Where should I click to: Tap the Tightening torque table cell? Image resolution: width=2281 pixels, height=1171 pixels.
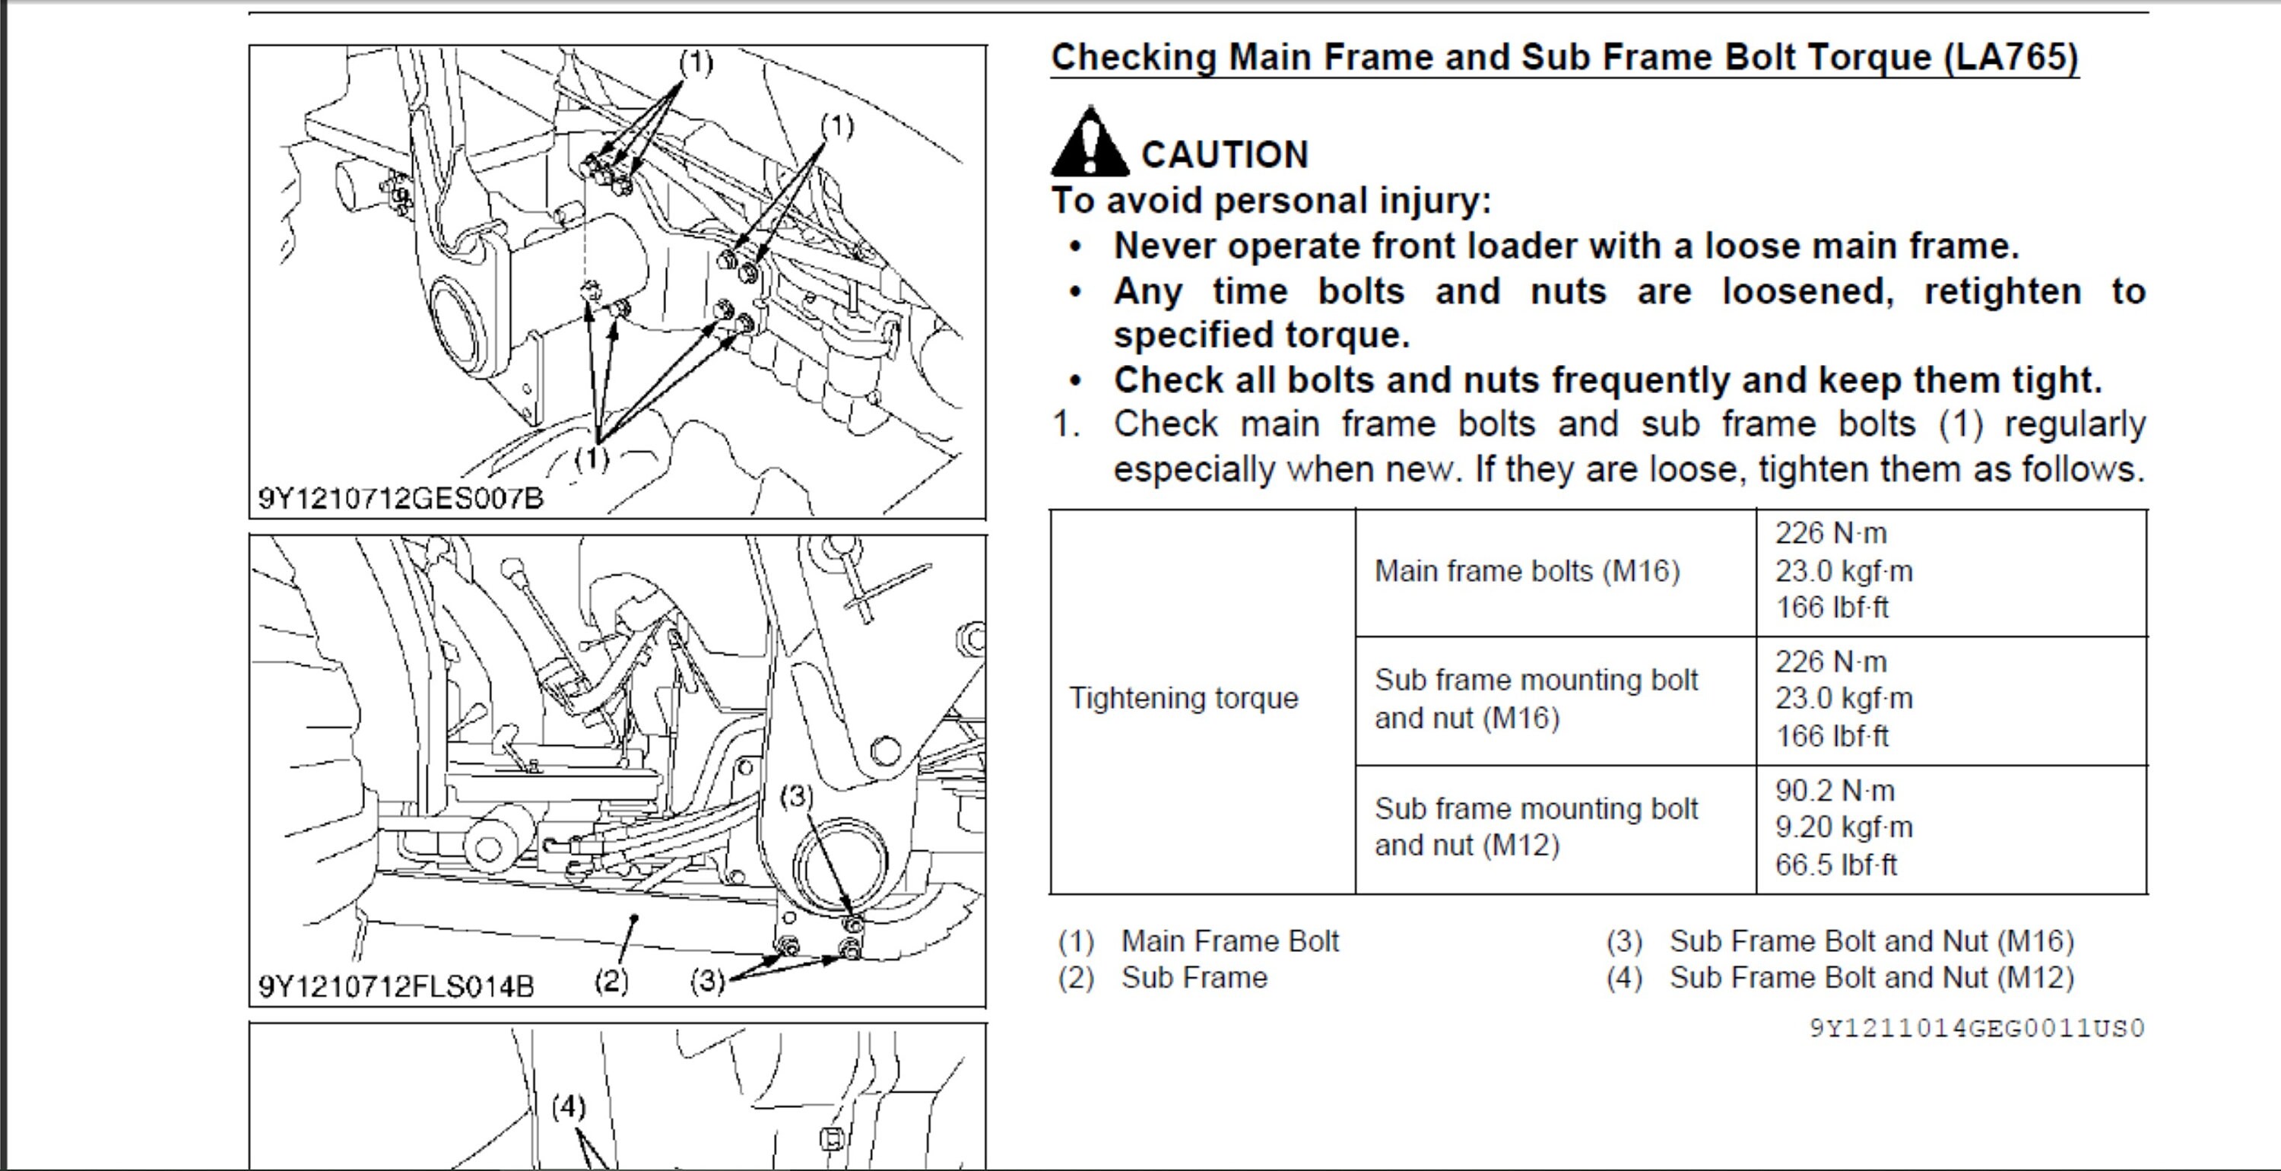[x=1183, y=698]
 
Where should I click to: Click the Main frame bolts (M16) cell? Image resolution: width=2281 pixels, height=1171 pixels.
[x=1527, y=571]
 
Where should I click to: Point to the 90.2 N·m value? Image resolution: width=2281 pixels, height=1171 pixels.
[x=1830, y=790]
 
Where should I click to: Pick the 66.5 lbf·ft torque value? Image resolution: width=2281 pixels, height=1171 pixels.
[x=1835, y=865]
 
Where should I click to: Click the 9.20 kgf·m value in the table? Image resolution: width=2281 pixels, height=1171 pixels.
[x=1844, y=827]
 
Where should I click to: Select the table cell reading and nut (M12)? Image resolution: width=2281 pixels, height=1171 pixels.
[x=1467, y=846]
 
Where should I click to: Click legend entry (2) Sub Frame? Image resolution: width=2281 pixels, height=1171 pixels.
[x=1163, y=978]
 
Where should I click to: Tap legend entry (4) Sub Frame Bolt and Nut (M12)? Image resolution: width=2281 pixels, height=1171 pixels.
[x=1840, y=978]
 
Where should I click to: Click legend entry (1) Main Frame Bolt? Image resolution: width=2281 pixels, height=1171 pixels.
[x=1198, y=941]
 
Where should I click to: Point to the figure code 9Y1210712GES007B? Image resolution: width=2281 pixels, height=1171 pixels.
[x=400, y=499]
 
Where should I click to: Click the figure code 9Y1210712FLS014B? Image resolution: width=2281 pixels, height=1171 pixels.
[x=396, y=986]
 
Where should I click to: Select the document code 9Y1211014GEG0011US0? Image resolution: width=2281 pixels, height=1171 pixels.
[x=1976, y=1028]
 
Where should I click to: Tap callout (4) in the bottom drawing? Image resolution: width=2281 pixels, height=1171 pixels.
[x=569, y=1107]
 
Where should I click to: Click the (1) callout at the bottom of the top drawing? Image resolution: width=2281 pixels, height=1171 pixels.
[x=592, y=458]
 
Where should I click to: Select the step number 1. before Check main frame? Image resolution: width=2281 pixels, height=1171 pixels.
[x=1066, y=424]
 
